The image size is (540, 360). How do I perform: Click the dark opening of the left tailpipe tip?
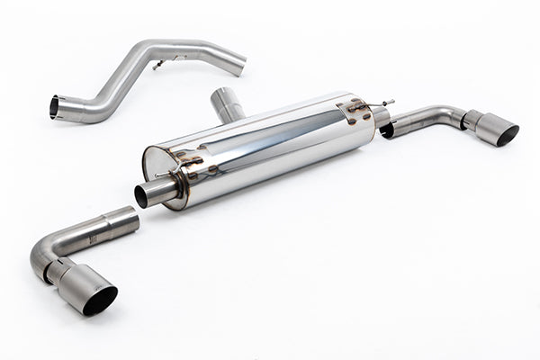(100, 300)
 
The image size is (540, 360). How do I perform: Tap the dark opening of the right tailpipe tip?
(508, 135)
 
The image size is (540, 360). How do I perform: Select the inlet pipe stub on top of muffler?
(228, 104)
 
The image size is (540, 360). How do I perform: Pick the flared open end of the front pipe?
(56, 107)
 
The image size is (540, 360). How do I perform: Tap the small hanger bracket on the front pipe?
(159, 64)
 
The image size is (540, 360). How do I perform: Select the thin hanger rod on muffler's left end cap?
(164, 174)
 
